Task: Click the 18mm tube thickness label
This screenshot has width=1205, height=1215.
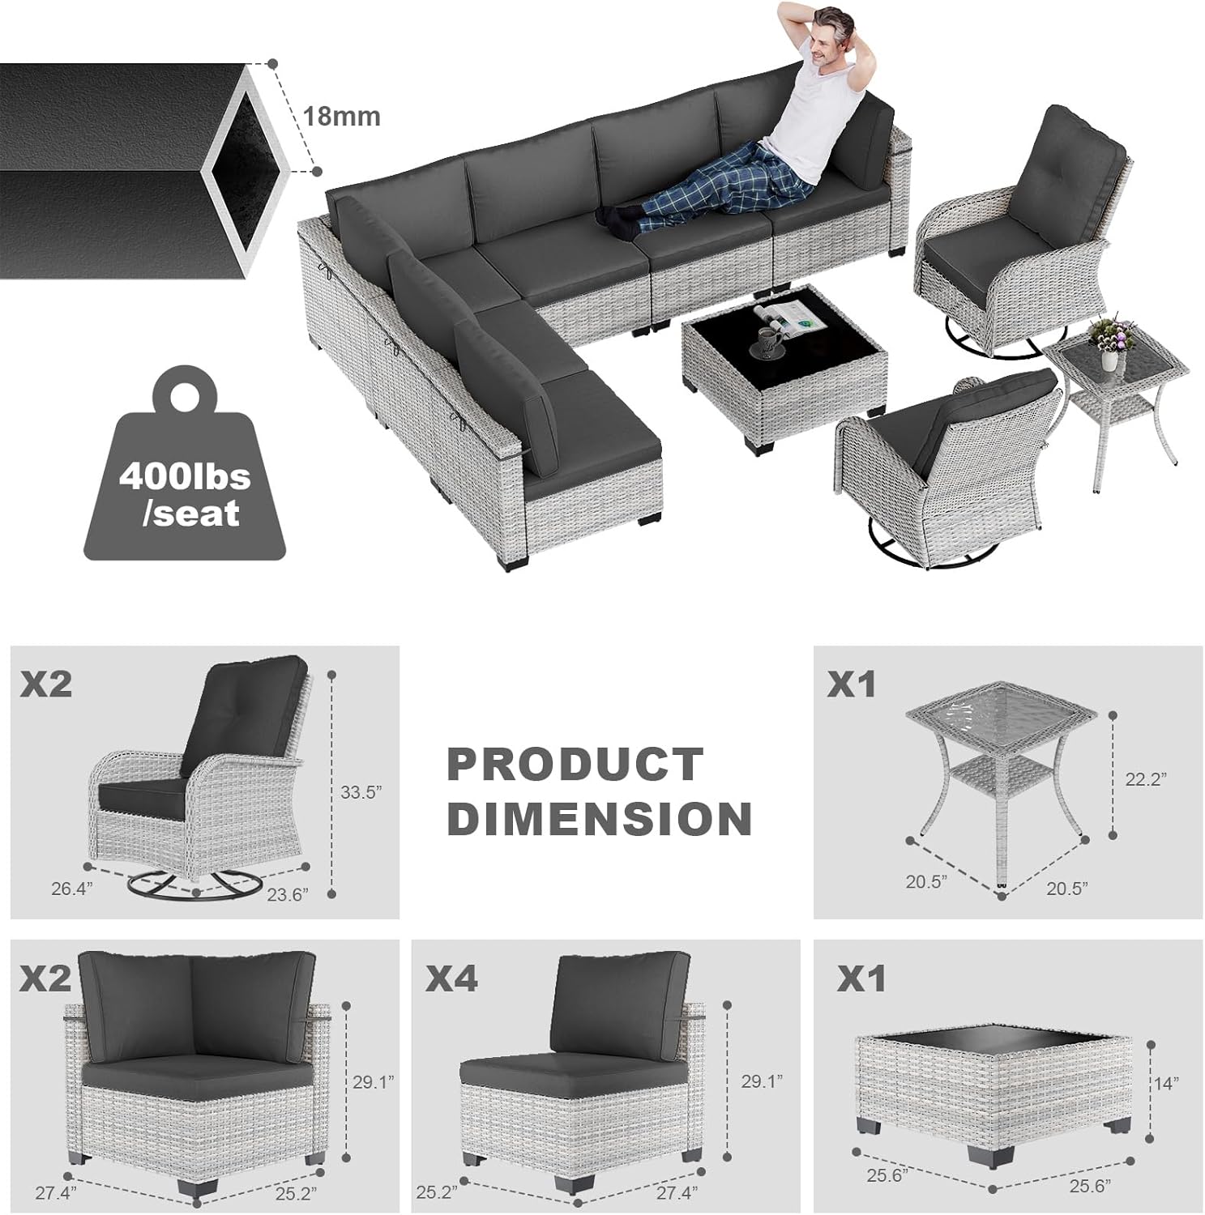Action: pyautogui.click(x=341, y=116)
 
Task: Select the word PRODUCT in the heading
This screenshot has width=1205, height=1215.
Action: pyautogui.click(x=575, y=765)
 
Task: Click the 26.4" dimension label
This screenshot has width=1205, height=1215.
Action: pyautogui.click(x=72, y=889)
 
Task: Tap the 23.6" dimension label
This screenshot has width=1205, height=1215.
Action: pyautogui.click(x=288, y=894)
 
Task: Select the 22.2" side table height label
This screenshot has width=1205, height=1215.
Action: pyautogui.click(x=1146, y=778)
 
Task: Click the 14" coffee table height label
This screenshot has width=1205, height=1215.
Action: pyautogui.click(x=1165, y=1083)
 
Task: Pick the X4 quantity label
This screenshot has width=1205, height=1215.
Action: pyautogui.click(x=452, y=979)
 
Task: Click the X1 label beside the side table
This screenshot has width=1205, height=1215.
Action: pyautogui.click(x=852, y=685)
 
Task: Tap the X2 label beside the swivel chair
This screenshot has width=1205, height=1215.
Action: pyautogui.click(x=46, y=685)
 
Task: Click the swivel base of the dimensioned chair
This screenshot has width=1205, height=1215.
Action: pyautogui.click(x=194, y=885)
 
